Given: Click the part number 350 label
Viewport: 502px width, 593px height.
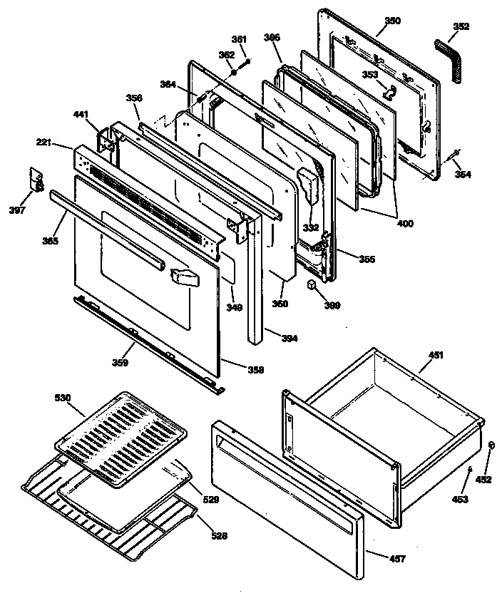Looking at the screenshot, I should (392, 21).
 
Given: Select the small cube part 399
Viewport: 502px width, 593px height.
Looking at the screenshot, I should (312, 286).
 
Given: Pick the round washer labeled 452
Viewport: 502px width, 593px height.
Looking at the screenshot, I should (491, 445).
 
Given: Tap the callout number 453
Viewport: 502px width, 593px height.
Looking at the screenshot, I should (460, 500).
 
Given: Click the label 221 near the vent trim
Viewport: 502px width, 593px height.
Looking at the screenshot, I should (44, 143).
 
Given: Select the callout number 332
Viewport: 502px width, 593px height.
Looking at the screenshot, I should (310, 227).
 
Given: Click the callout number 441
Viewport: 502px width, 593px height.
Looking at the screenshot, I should (81, 114).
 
